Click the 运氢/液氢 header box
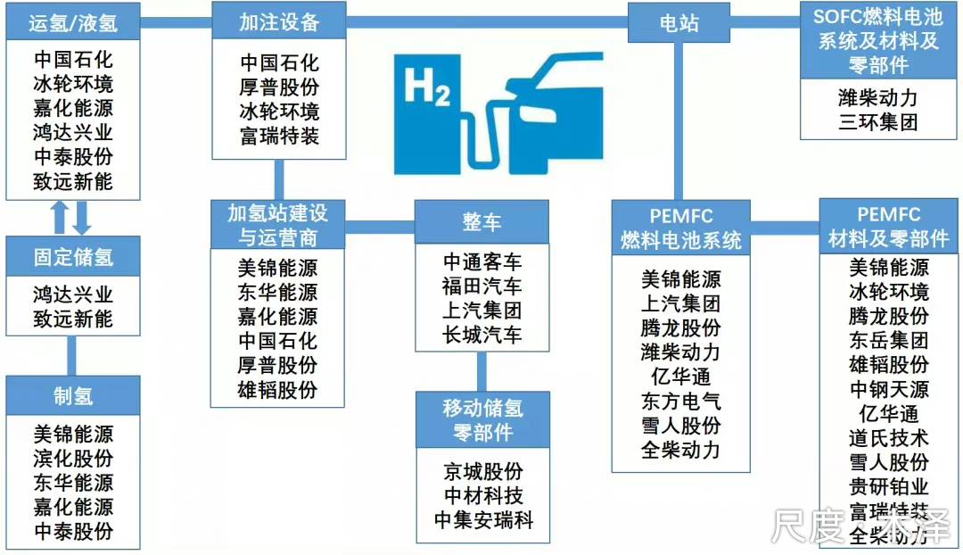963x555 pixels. (74, 21)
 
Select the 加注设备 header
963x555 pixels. (279, 21)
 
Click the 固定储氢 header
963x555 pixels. (74, 258)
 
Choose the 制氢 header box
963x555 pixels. (74, 395)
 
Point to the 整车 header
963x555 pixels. (481, 221)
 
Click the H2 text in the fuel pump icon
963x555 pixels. (427, 89)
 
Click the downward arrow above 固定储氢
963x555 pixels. (83, 218)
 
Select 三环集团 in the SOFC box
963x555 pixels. (878, 121)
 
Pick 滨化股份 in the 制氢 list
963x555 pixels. (74, 459)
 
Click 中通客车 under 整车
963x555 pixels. (482, 262)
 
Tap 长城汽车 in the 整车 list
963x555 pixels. (482, 335)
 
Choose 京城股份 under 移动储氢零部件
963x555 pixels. (483, 471)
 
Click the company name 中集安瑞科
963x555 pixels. (483, 520)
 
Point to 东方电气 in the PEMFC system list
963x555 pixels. (680, 401)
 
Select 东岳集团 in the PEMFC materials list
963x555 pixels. (889, 340)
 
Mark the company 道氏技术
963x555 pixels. (889, 437)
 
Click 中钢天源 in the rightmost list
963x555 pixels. (889, 389)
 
